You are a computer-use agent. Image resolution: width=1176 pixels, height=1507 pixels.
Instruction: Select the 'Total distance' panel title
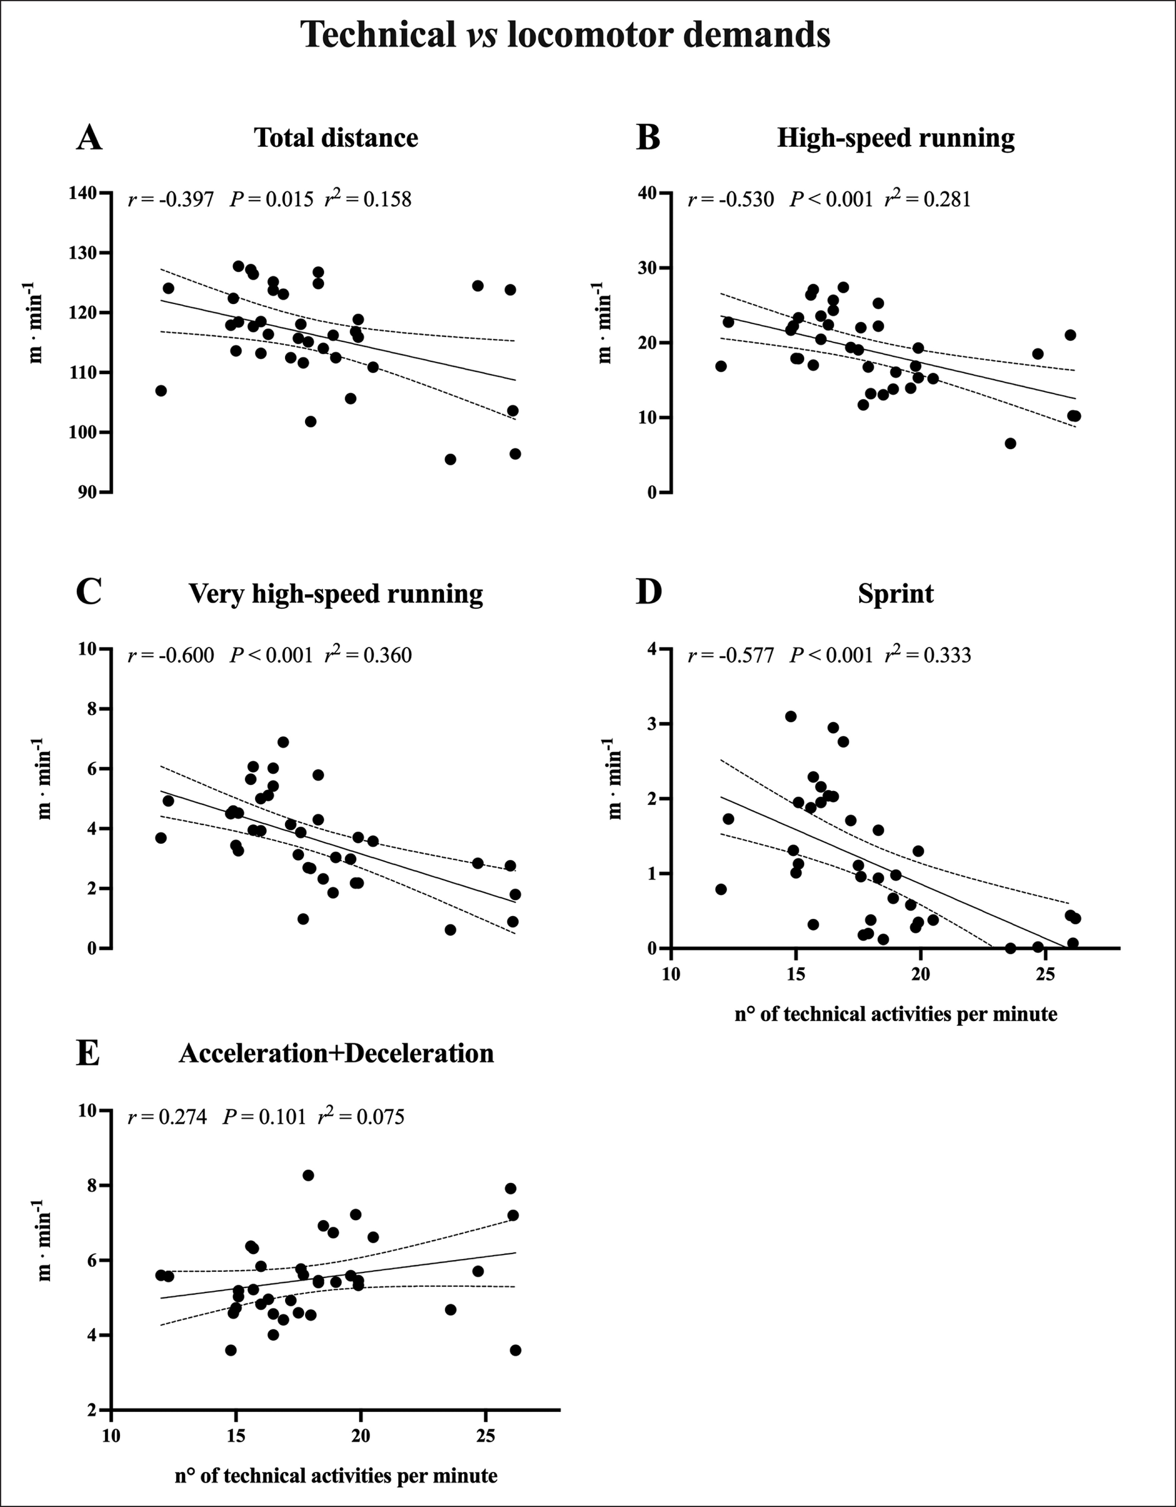coord(336,138)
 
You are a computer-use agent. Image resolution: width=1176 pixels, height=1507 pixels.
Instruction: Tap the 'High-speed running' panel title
coord(895,138)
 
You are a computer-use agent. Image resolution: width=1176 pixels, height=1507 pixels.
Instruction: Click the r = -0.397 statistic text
coord(171,200)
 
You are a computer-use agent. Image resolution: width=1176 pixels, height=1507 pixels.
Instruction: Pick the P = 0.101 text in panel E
coord(263,1116)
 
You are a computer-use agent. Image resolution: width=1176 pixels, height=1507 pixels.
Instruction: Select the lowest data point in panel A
coord(450,460)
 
